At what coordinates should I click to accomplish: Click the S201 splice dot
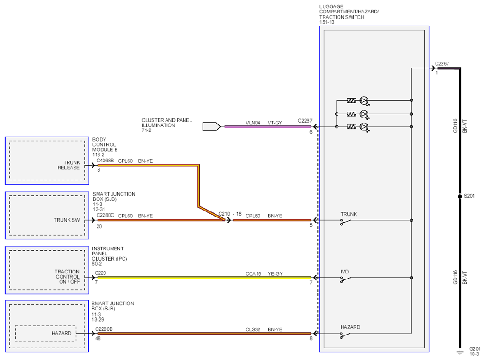click(x=460, y=196)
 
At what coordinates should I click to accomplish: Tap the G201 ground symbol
click(x=460, y=352)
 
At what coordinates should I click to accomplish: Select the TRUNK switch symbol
click(x=345, y=222)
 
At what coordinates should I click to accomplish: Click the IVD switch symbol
click(x=345, y=279)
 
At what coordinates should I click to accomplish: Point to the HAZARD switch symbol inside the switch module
click(x=345, y=335)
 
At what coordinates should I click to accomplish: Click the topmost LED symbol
click(x=364, y=101)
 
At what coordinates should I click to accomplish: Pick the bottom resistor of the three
click(x=351, y=127)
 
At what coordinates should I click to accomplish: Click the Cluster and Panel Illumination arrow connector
click(x=211, y=127)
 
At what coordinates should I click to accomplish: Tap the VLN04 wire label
click(x=253, y=123)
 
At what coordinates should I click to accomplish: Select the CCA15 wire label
click(x=253, y=273)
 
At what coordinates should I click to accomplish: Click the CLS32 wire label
click(x=253, y=329)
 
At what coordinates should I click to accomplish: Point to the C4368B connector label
click(x=105, y=161)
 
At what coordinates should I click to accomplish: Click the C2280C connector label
click(x=105, y=216)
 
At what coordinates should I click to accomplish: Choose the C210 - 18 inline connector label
click(x=230, y=214)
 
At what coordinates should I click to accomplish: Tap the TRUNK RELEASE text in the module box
click(x=68, y=165)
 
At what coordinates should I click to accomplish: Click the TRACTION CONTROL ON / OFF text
click(x=67, y=277)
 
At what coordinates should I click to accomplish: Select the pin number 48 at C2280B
click(x=98, y=339)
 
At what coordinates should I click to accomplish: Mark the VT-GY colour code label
click(x=275, y=123)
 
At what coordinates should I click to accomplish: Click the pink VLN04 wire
click(x=268, y=127)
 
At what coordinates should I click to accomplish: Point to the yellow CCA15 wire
click(x=204, y=278)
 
